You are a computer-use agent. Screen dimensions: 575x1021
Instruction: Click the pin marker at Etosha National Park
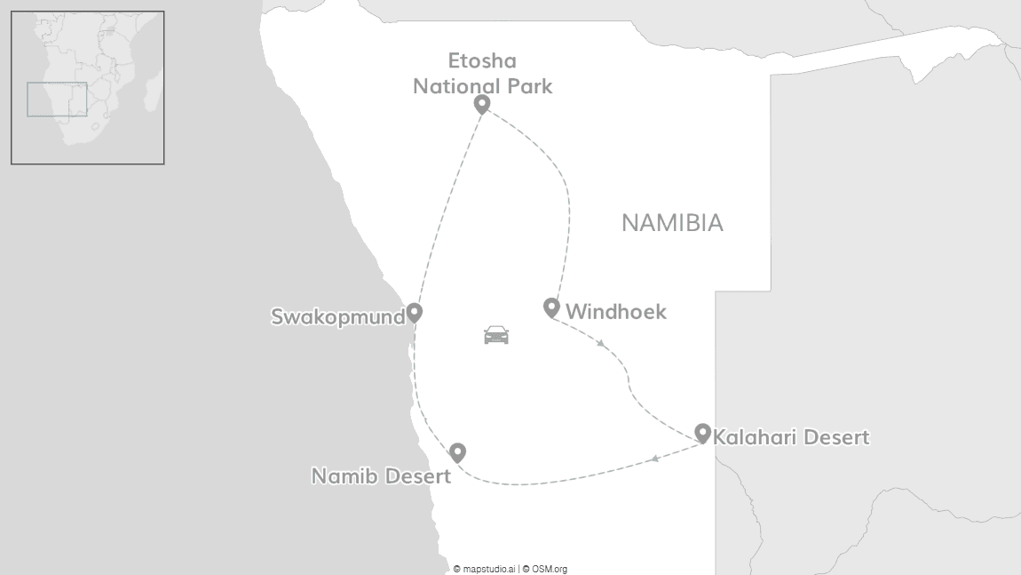tap(482, 104)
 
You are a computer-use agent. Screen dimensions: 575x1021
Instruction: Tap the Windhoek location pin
tap(551, 307)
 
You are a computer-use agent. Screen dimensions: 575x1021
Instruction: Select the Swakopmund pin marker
tap(414, 312)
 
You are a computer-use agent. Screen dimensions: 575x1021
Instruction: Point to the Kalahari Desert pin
tap(702, 433)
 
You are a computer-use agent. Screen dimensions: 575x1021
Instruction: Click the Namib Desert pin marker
tap(457, 451)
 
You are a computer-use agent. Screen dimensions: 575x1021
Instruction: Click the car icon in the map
tap(496, 335)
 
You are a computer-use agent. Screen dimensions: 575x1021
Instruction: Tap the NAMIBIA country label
tap(672, 223)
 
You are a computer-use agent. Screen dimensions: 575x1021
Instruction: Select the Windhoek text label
tap(615, 312)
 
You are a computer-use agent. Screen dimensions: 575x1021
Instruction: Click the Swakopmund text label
tap(337, 317)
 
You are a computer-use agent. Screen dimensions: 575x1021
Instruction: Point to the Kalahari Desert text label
tap(791, 437)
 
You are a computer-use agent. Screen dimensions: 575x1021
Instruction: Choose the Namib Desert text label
tap(380, 476)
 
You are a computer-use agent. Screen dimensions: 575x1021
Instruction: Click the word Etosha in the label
tap(482, 61)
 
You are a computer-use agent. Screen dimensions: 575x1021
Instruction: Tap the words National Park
tap(483, 86)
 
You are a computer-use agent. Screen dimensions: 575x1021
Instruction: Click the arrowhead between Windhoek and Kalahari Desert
tap(601, 343)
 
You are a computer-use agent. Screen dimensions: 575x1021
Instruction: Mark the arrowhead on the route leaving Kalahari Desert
tap(654, 459)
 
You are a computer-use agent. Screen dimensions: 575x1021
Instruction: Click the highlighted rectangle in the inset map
tap(57, 99)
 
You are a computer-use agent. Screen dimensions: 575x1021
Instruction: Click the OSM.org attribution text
tap(547, 569)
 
